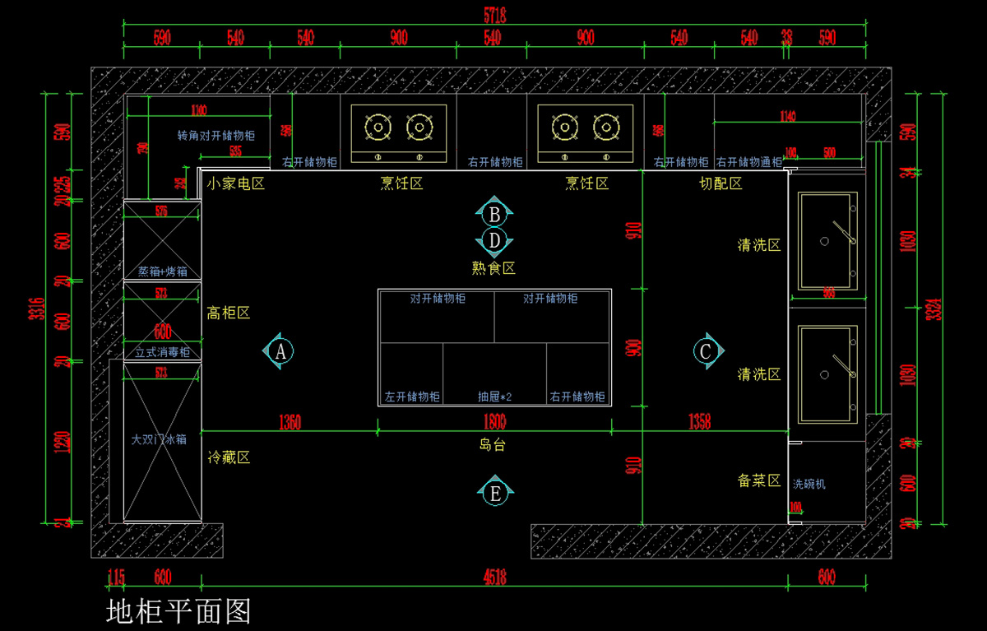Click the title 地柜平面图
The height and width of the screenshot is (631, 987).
(178, 611)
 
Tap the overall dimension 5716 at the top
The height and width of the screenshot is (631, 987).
(494, 15)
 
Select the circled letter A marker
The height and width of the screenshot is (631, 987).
(280, 351)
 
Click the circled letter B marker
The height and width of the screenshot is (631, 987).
(494, 215)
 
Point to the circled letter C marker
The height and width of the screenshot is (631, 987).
(706, 351)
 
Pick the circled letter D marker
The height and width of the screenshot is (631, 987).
(494, 241)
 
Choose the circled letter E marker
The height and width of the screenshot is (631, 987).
(495, 494)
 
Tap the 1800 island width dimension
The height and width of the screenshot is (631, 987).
(494, 423)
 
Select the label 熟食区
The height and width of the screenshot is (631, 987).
(493, 267)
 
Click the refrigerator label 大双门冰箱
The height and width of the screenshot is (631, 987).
(160, 439)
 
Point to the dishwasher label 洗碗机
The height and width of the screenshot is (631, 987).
(809, 485)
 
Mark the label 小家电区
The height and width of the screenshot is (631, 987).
(236, 183)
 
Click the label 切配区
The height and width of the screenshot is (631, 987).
(721, 183)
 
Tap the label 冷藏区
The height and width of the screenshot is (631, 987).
(229, 457)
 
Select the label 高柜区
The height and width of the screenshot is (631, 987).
(229, 313)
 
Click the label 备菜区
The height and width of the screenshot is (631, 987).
(759, 480)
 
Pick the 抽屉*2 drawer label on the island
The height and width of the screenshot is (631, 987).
(495, 397)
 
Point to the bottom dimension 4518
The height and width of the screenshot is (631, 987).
(494, 578)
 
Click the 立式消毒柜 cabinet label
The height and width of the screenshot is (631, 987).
(162, 352)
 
